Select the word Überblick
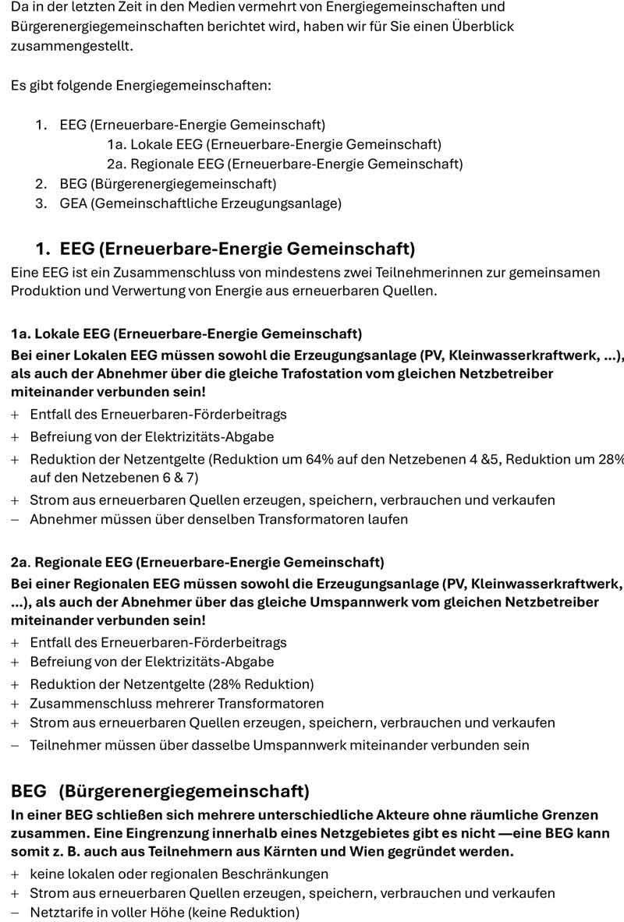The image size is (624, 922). point(480,26)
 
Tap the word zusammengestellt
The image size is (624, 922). point(71,46)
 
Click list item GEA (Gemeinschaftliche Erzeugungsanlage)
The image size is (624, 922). point(200,203)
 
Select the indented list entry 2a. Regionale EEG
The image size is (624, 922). point(285,164)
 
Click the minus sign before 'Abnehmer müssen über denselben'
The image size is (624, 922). point(15,519)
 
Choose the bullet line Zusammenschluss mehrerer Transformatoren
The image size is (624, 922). point(176,704)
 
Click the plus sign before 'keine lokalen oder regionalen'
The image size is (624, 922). point(15,874)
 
